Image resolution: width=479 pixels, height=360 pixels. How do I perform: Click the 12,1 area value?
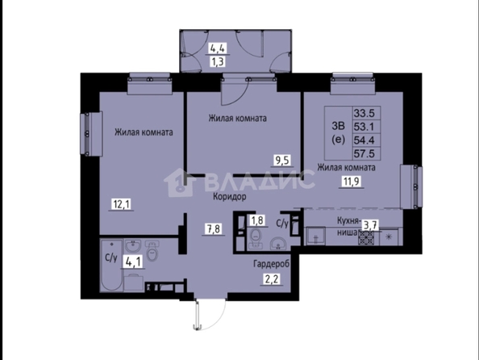point(122,204)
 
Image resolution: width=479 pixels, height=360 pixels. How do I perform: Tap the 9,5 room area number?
point(282,161)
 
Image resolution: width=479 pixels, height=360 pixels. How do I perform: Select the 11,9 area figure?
point(352,182)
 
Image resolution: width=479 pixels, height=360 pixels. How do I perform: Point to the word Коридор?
point(229,197)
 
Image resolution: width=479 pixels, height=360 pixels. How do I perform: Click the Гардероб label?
point(271,264)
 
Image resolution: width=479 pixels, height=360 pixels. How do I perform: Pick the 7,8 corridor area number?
point(214,228)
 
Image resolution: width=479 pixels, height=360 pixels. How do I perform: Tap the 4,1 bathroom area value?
point(133,262)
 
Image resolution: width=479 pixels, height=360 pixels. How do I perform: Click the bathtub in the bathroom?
point(112,265)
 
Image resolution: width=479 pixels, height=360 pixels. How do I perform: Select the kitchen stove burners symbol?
point(366,237)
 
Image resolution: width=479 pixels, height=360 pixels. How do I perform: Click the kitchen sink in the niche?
point(315,237)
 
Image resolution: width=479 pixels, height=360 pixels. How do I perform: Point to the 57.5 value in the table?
point(364,153)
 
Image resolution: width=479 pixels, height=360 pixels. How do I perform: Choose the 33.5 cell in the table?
point(364,114)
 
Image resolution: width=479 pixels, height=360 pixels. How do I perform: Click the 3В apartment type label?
point(338,126)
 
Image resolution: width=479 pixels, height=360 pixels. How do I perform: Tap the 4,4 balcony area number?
point(219,48)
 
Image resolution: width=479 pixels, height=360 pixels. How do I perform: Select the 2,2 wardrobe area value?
point(272,279)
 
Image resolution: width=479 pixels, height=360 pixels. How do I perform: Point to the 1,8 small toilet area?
point(257,220)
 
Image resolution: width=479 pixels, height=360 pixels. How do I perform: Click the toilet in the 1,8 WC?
point(256,239)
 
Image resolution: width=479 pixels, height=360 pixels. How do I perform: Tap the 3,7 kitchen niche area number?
point(370,226)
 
